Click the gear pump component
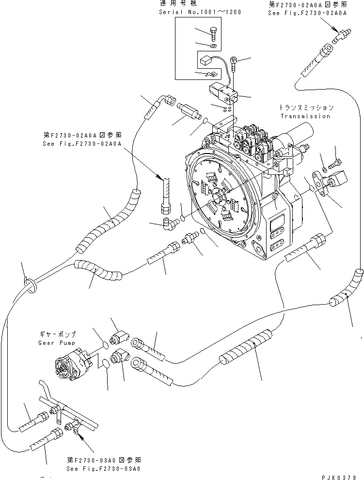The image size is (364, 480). click(72, 366)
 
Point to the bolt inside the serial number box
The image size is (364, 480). click(214, 34)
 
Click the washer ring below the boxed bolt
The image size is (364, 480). click(214, 46)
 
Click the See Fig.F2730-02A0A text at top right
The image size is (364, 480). click(307, 13)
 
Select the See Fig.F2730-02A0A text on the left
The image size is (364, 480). click(81, 144)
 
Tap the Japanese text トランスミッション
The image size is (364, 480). click(306, 108)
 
